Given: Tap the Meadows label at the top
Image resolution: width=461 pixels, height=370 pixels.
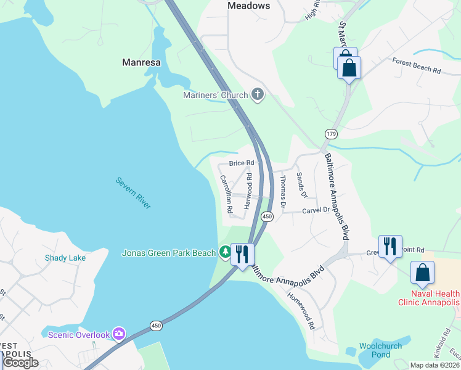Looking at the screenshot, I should (248, 6).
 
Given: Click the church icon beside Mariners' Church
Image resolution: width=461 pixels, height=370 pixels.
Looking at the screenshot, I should (258, 94).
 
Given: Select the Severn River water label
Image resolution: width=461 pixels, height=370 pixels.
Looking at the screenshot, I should (133, 193).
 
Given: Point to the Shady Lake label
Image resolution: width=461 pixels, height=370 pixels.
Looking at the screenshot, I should (65, 258).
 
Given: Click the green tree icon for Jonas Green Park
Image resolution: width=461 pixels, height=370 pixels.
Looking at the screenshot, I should (225, 252).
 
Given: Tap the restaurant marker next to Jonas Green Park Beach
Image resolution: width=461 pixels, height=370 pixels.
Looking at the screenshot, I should (242, 254).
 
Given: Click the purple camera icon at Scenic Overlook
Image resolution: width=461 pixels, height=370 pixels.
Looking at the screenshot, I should (118, 334).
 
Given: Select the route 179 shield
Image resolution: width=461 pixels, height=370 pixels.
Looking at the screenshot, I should (331, 133).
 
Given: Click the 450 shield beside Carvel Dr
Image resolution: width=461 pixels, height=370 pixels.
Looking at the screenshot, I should (267, 216).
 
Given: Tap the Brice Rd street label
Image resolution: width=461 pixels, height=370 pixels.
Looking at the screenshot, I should (242, 163).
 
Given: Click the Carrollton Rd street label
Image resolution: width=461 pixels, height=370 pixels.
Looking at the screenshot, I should (226, 194).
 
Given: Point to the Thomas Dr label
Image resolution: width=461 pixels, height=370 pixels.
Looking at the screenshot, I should (283, 191).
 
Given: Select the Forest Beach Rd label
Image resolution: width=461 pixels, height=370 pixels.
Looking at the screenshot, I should (417, 65).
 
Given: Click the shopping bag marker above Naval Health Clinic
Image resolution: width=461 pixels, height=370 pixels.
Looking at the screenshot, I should (422, 273).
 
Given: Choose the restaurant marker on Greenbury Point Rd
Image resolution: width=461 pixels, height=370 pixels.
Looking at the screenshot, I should (390, 247).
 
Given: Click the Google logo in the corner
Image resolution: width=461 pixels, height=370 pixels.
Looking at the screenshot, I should (20, 363).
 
